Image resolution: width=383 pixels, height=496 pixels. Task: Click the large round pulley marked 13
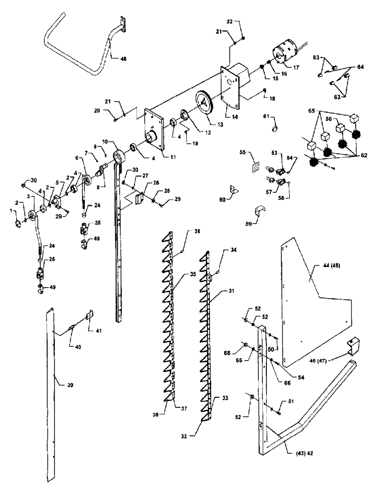[205, 105]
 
